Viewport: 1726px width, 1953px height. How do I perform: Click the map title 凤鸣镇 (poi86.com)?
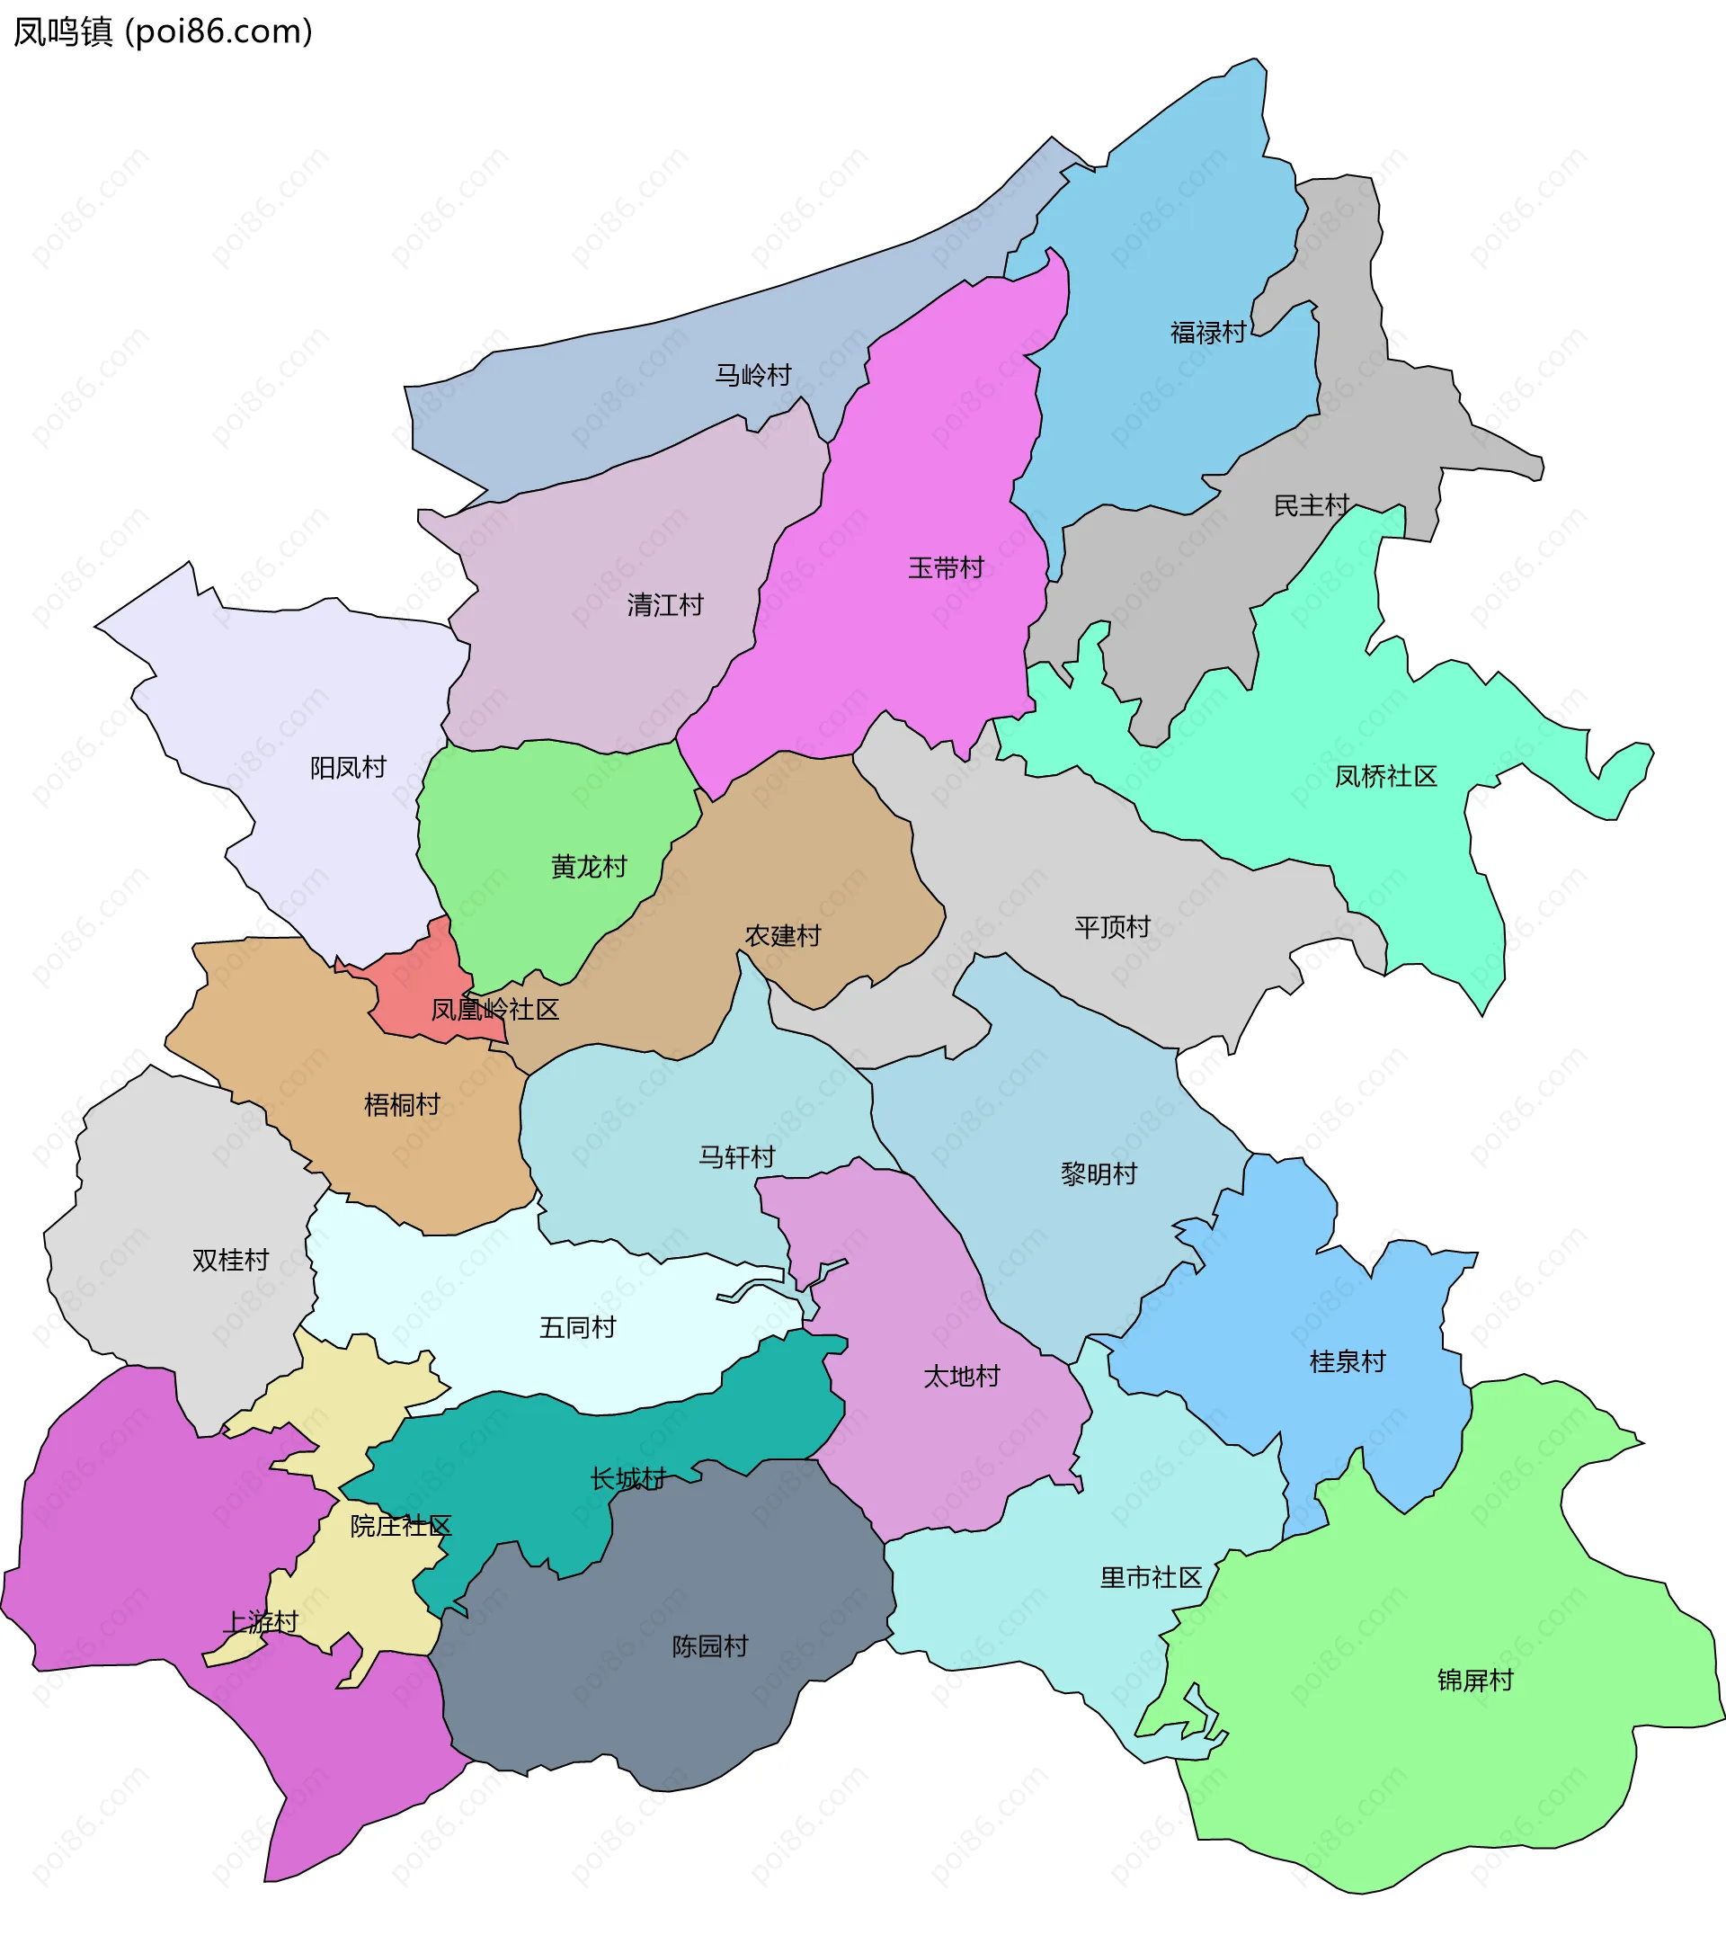[x=163, y=32]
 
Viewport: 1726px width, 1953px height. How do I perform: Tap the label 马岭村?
[x=752, y=375]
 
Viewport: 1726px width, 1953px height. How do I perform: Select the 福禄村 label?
[x=1207, y=333]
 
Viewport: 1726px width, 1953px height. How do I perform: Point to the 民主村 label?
[x=1311, y=505]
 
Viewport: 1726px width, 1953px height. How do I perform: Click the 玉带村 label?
[x=945, y=567]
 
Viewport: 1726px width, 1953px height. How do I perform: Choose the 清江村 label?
[x=665, y=605]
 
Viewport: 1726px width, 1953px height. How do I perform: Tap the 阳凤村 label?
[x=348, y=767]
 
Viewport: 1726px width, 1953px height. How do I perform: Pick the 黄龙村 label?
[x=589, y=867]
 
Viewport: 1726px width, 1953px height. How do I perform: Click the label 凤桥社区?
[x=1385, y=776]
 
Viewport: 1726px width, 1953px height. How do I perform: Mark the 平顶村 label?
[x=1112, y=927]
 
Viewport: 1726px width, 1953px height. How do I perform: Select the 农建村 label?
[x=782, y=935]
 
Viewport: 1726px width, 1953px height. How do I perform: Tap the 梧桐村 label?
[x=401, y=1104]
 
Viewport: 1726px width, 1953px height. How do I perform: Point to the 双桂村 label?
[x=230, y=1261]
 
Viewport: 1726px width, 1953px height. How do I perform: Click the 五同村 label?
[x=577, y=1327]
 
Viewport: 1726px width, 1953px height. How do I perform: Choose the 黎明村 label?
[x=1099, y=1173]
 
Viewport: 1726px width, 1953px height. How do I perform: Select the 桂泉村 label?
[x=1347, y=1361]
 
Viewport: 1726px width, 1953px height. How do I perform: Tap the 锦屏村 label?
[x=1475, y=1680]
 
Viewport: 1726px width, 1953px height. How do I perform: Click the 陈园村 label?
[x=708, y=1646]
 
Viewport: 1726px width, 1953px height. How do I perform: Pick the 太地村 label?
[x=961, y=1376]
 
